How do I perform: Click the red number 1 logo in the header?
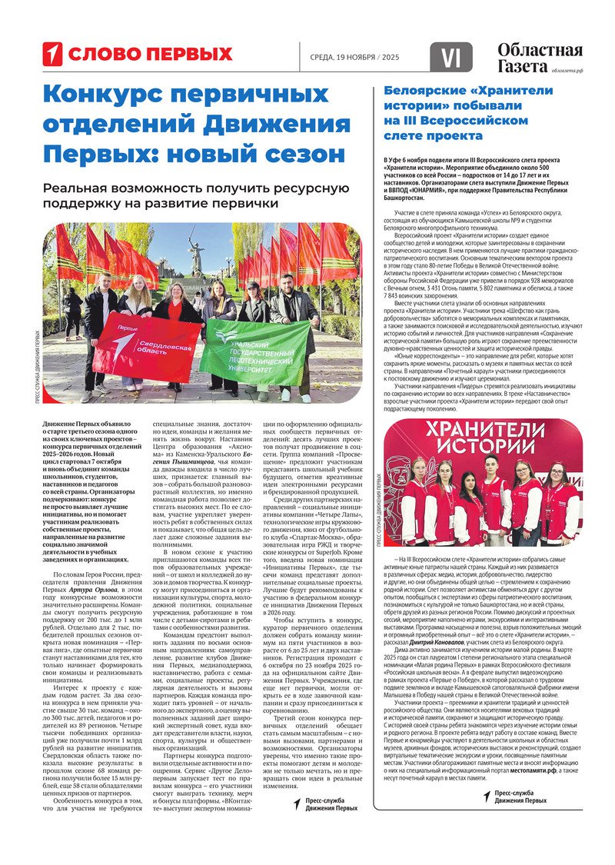click(52, 54)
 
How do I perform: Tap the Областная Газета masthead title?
click(539, 58)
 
